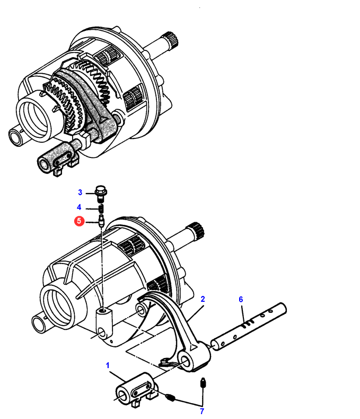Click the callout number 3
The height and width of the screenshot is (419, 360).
tap(80, 193)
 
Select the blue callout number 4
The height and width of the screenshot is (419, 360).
tap(79, 207)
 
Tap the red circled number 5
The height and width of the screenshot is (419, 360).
tap(79, 221)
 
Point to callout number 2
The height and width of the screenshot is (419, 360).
tap(203, 299)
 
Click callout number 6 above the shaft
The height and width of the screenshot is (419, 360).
tap(241, 299)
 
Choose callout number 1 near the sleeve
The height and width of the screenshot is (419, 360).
tap(108, 365)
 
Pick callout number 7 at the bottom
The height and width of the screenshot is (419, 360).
tap(202, 411)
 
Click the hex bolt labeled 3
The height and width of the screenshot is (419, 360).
tap(101, 193)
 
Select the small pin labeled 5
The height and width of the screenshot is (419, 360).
tap(101, 221)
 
